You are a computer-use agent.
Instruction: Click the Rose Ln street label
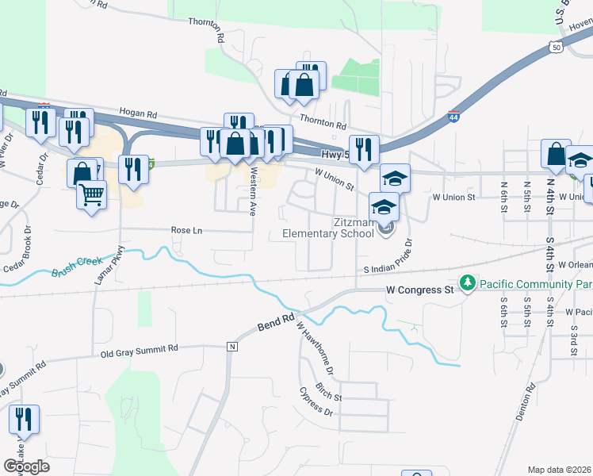point(187,230)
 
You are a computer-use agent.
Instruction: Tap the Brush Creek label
point(78,266)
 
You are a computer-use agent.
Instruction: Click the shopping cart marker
point(92,194)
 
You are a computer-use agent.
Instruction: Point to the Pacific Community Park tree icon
point(468,283)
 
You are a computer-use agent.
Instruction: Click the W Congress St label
point(420,290)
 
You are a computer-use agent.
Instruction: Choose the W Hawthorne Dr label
point(315,348)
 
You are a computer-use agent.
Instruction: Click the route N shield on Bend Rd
point(232,347)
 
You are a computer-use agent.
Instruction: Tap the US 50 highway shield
point(557,48)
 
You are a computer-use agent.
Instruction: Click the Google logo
point(26,466)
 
